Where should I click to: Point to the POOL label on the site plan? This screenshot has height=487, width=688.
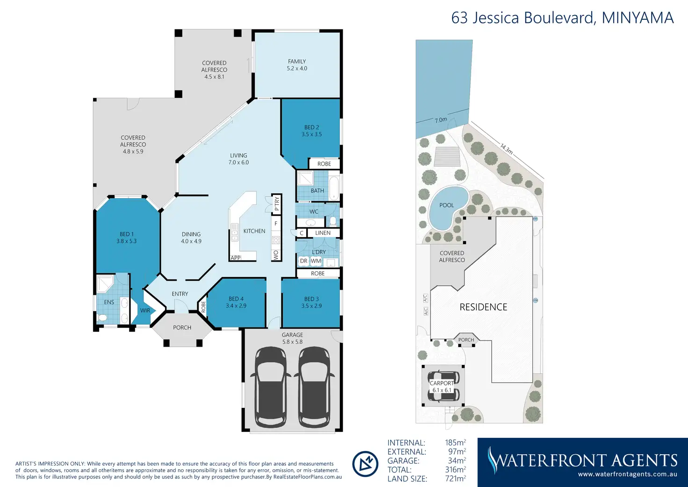[x=446, y=205]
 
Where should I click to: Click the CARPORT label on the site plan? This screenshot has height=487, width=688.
[x=441, y=383]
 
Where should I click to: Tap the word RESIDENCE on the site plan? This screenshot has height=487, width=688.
[x=483, y=307]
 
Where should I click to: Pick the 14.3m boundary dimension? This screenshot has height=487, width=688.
[x=506, y=149]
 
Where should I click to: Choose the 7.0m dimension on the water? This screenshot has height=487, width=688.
[x=441, y=120]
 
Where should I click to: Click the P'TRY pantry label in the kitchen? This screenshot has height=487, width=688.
[x=277, y=204]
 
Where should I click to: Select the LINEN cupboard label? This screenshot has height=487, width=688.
[x=322, y=233]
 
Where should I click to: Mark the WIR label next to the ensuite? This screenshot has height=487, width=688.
[x=145, y=311]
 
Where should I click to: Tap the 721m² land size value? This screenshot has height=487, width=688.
[x=455, y=479]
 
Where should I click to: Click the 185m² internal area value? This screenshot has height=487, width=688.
[x=455, y=443]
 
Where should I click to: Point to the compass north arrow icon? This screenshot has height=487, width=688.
[x=365, y=464]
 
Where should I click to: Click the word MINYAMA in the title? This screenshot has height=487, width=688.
[x=638, y=18]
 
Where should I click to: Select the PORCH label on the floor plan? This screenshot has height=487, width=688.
[x=182, y=328]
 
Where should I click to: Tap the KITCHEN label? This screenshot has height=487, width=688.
[x=254, y=231]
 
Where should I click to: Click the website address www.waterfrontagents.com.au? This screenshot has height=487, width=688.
[x=627, y=474]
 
